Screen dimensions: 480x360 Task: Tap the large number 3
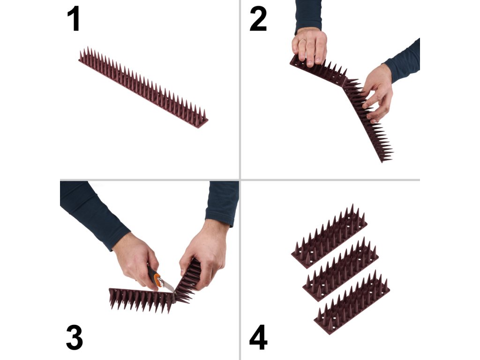pyautogui.click(x=75, y=337)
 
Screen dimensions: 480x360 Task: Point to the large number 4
pyautogui.click(x=258, y=337)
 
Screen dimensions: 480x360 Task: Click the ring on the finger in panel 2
pyautogui.click(x=302, y=40)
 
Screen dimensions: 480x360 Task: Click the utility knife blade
pyautogui.click(x=168, y=287)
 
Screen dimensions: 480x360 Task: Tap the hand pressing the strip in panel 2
pyautogui.click(x=309, y=46)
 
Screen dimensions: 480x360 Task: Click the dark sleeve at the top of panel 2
pyautogui.click(x=308, y=15)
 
